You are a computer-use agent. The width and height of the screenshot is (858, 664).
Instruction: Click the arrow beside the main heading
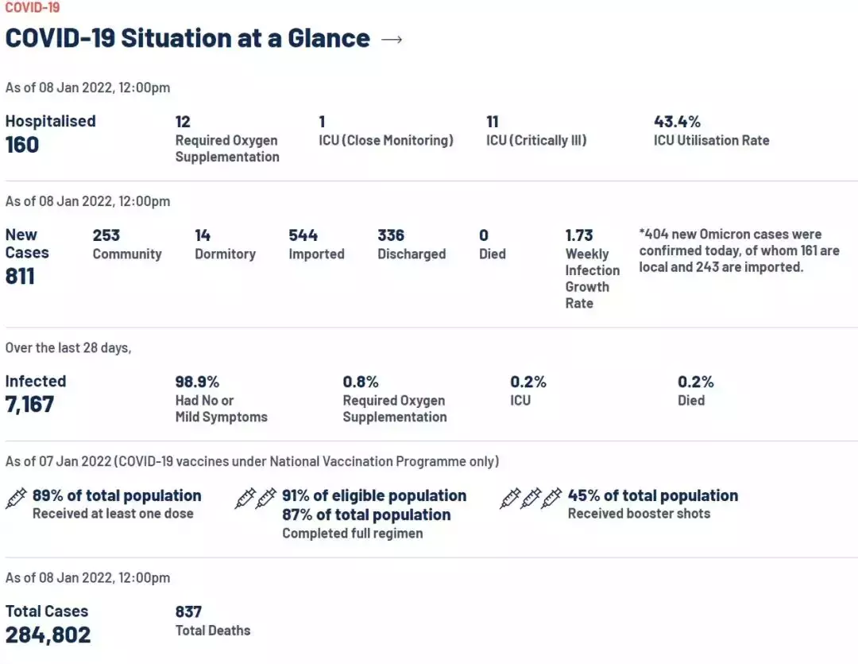pos(392,39)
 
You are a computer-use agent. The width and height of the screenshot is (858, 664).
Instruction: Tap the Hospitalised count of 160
pos(22,145)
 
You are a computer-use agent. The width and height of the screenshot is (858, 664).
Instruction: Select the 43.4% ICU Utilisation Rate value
pos(677,122)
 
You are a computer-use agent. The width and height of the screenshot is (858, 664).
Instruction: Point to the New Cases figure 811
pos(20,276)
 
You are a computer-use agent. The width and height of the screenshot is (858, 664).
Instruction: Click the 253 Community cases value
pos(106,235)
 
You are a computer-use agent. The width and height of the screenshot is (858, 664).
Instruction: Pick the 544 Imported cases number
pos(303,235)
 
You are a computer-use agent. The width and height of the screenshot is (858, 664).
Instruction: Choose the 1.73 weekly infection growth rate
pos(579,235)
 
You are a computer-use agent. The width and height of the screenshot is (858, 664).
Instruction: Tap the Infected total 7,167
pos(30,404)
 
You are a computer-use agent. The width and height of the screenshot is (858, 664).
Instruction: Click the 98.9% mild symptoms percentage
pos(197,382)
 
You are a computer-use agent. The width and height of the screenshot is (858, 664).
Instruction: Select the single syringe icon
pos(16,498)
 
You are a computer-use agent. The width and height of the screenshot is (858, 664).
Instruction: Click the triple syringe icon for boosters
pos(531,499)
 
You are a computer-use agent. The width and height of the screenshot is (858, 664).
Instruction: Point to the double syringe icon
pos(256,499)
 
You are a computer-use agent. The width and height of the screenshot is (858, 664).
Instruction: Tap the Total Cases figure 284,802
pos(48,635)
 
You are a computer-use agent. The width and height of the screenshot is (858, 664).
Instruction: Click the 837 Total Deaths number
pos(188,612)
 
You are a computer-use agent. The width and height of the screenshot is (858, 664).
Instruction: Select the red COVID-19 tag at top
pos(33,8)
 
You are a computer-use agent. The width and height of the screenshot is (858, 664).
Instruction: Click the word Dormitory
pos(225,254)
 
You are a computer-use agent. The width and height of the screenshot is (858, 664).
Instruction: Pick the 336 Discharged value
pos(391,235)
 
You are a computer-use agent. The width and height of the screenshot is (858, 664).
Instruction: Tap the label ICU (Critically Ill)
pos(536,141)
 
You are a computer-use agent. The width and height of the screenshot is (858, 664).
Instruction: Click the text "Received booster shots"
pos(639,514)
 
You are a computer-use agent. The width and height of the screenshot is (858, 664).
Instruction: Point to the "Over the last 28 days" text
pos(68,348)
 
